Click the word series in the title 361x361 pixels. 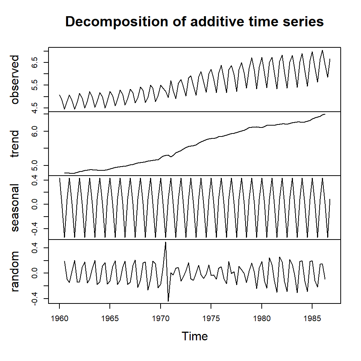point(303,22)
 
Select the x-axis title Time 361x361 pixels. point(194,336)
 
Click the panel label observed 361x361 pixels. point(15,80)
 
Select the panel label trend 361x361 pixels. point(15,144)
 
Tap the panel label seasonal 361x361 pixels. point(15,208)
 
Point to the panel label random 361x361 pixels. point(15,272)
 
